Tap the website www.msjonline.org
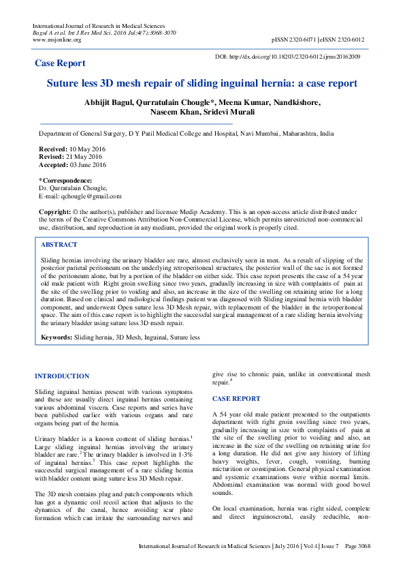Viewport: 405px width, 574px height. tap(56, 40)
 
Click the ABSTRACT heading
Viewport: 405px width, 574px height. tap(59, 244)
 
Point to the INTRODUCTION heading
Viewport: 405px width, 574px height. tap(62, 376)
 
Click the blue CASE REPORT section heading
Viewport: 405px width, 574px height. tap(236, 398)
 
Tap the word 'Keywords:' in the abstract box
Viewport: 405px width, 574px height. tap(56, 337)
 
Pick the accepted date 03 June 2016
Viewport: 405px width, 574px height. tap(89, 164)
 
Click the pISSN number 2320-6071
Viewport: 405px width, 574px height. tap(308, 40)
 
